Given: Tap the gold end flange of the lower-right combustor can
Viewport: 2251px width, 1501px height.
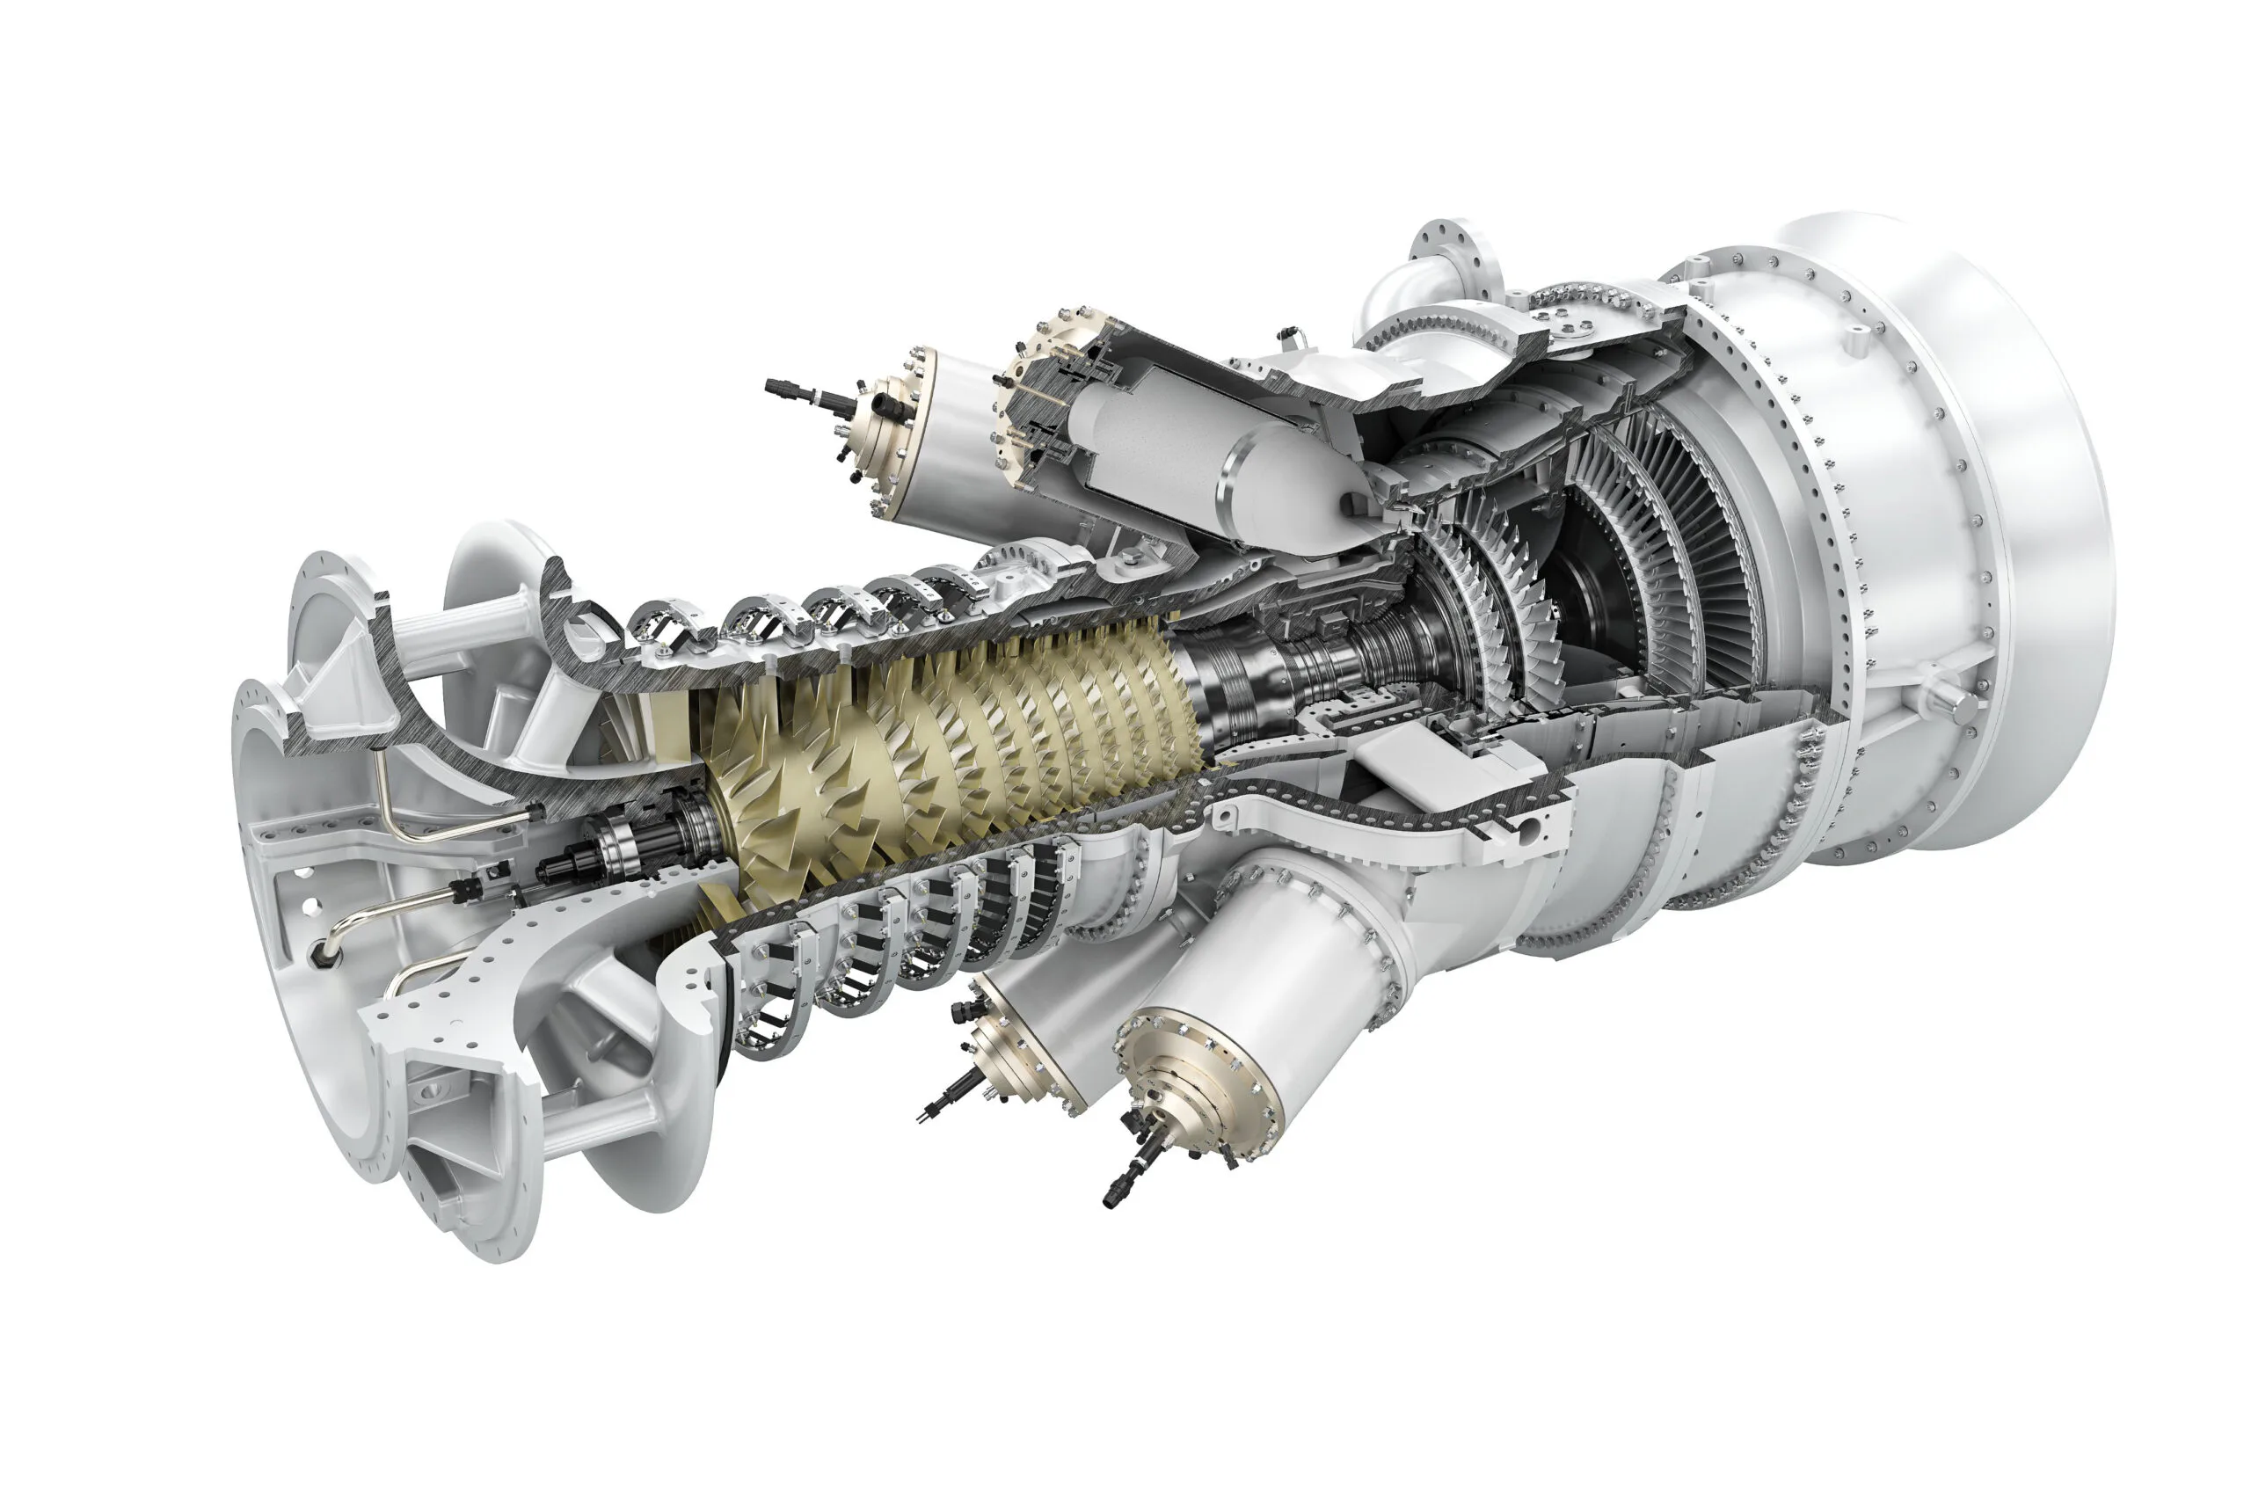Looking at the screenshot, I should pos(1197,1087).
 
